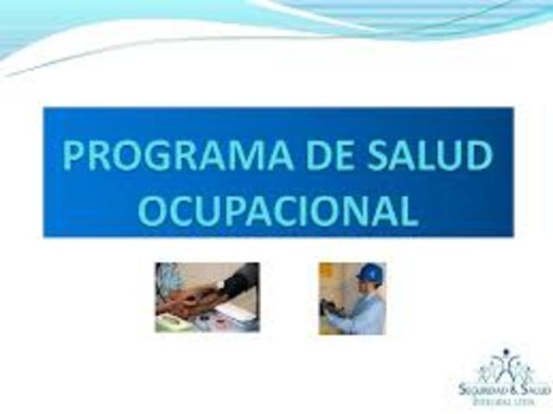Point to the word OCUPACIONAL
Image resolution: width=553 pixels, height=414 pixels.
[x=278, y=210]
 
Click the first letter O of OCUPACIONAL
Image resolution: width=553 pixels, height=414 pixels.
[x=153, y=210]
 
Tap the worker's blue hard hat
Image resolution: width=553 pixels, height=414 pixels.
[x=370, y=273]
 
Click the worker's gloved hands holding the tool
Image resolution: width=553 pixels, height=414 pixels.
[x=334, y=308]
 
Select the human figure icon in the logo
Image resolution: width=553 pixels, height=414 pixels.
[x=505, y=363]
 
